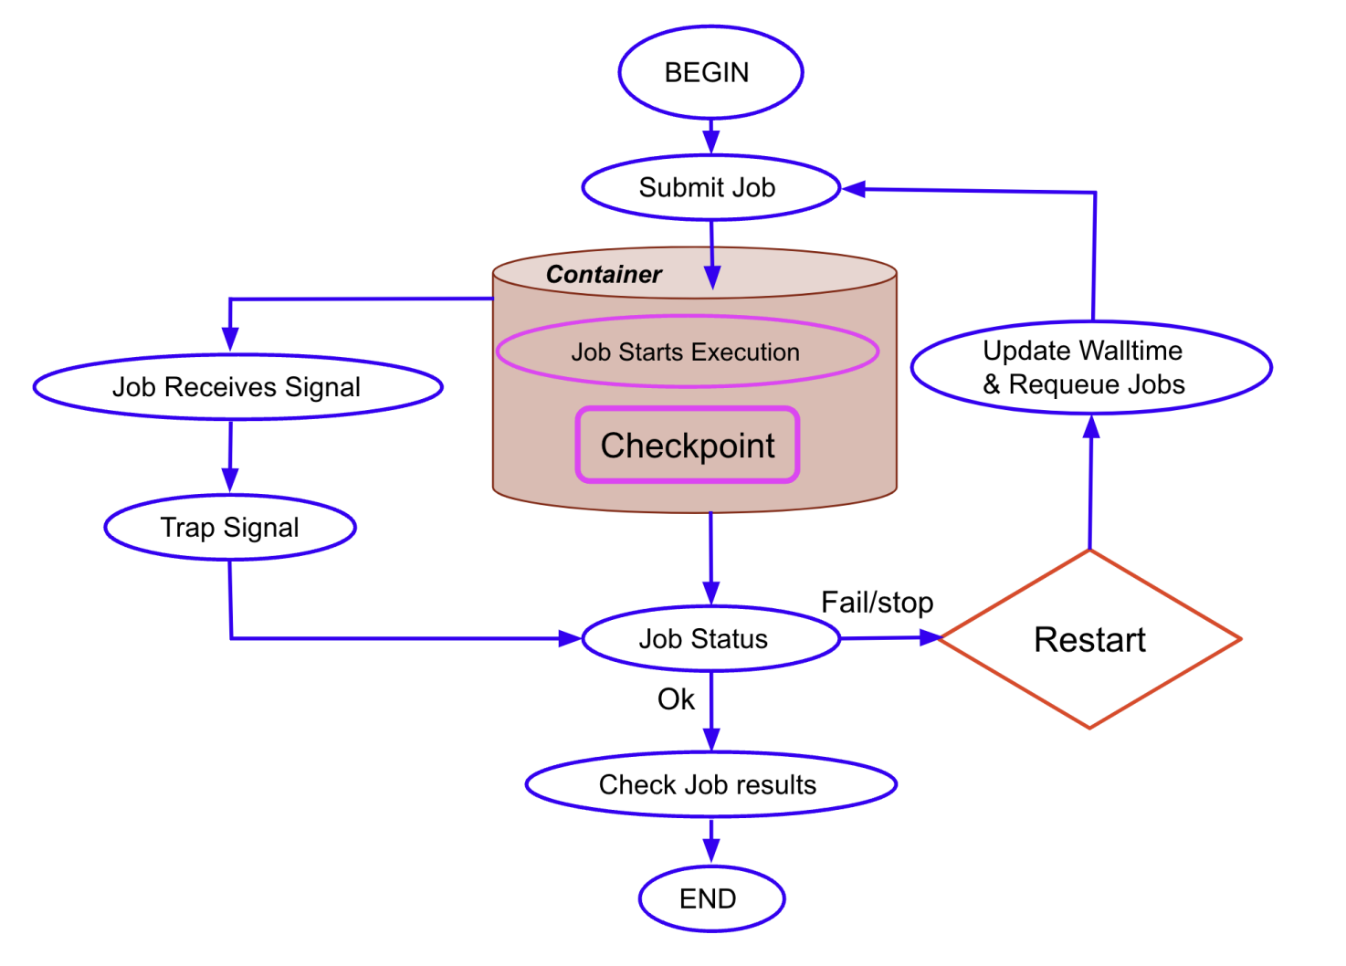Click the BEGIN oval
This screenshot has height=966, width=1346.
pos(710,72)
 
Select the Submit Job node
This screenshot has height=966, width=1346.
pos(710,187)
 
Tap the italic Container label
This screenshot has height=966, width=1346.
pos(604,275)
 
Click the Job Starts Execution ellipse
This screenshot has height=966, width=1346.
pos(687,352)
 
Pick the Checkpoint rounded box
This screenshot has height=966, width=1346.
pos(688,446)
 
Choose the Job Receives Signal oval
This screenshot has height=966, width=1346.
pos(237,387)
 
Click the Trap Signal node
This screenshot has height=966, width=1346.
pos(230,528)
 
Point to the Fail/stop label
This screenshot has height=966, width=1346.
pos(877,603)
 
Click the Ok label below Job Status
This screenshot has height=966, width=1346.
pos(676,699)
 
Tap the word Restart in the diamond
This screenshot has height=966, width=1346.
pos(1089,640)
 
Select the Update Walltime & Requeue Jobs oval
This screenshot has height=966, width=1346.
pos(1090,367)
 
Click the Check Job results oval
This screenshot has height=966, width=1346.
pos(710,784)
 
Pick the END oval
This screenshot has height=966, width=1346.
pos(710,899)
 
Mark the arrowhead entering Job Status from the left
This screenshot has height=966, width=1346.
pos(570,638)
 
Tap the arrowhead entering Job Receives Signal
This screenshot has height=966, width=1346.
pos(230,341)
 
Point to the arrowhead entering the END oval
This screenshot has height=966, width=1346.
pos(710,852)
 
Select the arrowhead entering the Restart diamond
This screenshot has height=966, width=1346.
pos(929,638)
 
